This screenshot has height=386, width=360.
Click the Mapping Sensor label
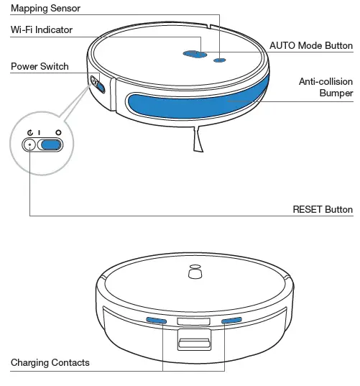(x=45, y=9)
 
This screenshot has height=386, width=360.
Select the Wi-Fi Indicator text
(x=42, y=29)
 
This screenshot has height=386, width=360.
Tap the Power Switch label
(x=40, y=66)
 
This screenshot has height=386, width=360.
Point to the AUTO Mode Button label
(x=310, y=45)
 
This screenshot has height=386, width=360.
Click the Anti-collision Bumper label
(x=326, y=88)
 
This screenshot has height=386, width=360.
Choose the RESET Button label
(x=323, y=209)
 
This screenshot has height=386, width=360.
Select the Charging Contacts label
(x=50, y=362)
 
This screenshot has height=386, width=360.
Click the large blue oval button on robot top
(x=193, y=54)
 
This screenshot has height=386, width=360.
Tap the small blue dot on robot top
(x=220, y=60)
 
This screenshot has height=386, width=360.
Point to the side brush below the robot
(x=196, y=141)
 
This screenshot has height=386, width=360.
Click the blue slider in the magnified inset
(x=50, y=144)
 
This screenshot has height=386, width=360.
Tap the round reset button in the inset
(x=29, y=144)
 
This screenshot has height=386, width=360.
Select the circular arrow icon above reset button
(x=29, y=132)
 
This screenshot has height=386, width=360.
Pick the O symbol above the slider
(x=57, y=132)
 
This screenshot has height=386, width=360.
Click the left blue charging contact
(x=156, y=320)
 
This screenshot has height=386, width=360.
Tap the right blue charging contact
(x=231, y=320)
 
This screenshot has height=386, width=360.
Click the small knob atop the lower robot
(x=193, y=273)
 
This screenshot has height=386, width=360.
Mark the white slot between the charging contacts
(x=193, y=320)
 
